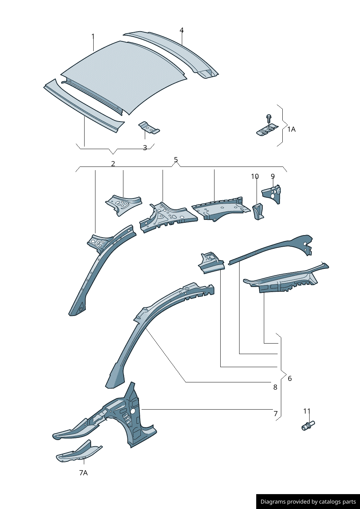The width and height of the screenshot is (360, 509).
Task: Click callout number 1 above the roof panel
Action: pos(93,36)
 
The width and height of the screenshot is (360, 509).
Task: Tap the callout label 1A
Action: pos(291,129)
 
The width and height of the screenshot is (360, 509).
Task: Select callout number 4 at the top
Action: pos(181,30)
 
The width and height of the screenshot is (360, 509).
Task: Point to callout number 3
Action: pos(145,148)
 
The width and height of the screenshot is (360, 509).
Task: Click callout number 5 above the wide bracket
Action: pos(176,160)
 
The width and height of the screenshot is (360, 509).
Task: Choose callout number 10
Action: pos(255,176)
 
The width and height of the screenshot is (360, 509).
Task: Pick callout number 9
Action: pos(273,176)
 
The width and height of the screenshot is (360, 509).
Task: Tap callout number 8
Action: pos(275,387)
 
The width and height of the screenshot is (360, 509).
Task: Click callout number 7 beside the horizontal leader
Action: pos(275,414)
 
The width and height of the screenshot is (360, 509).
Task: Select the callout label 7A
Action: pos(83,473)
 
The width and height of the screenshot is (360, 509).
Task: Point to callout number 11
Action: pos(307,411)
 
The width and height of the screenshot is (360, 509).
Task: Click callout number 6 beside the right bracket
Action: pos(290,378)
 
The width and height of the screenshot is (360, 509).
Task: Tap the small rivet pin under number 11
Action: pos(308,426)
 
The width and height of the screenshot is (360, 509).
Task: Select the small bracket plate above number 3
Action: pos(149,128)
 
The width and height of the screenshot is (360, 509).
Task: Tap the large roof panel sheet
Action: pos(124,77)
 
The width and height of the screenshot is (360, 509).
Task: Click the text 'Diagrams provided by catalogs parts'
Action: pos(308,501)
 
